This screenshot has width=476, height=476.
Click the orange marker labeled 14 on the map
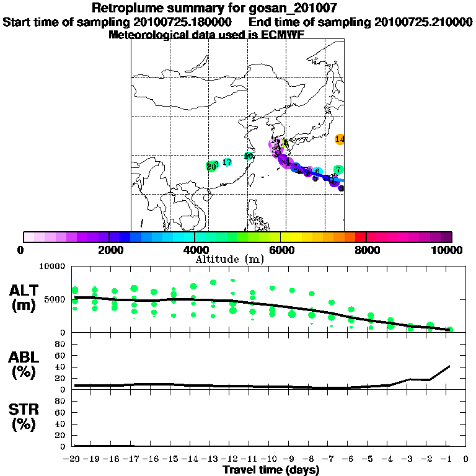pyautogui.click(x=340, y=139)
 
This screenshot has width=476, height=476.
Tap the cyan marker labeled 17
pyautogui.click(x=227, y=162)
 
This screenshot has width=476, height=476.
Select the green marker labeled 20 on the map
pyautogui.click(x=211, y=166)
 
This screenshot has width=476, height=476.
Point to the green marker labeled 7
pyautogui.click(x=338, y=170)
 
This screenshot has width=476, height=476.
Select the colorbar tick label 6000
pyautogui.click(x=281, y=250)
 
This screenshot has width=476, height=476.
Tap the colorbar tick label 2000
pyautogui.click(x=109, y=250)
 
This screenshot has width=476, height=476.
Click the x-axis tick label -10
pyautogui.click(x=271, y=460)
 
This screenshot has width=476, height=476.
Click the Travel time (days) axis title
pyautogui.click(x=271, y=470)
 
